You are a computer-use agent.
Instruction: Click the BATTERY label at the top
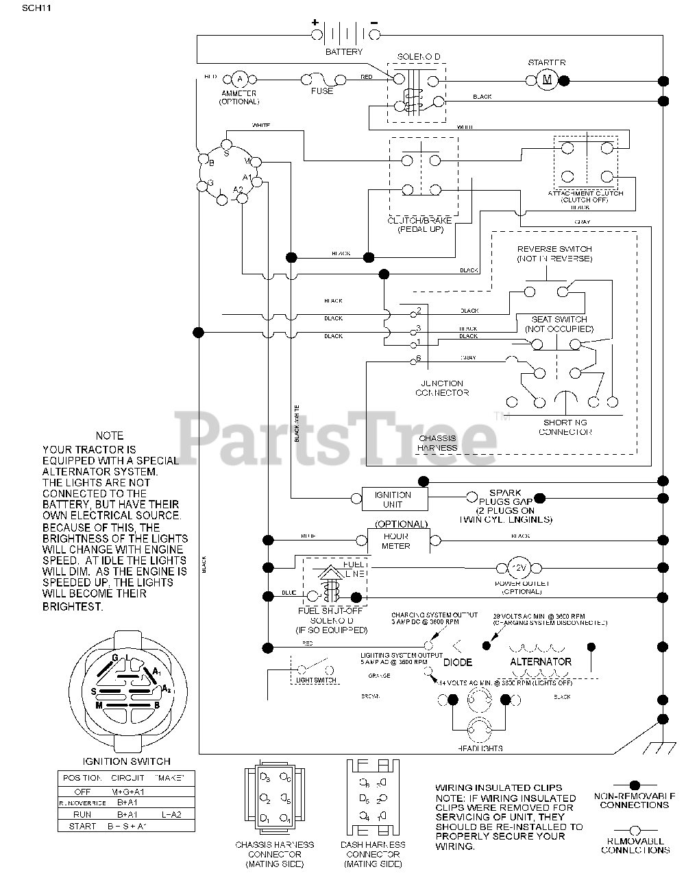344,52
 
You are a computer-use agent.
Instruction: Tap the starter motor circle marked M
546,80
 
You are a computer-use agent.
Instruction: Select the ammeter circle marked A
239,79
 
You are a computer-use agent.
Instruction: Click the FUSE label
322,91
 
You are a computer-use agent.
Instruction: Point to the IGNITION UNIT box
393,499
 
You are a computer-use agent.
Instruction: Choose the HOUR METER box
396,541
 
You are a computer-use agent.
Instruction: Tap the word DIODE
457,663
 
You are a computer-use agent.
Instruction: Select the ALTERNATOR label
541,662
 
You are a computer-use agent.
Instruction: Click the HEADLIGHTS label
482,748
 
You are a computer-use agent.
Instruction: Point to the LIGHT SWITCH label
316,680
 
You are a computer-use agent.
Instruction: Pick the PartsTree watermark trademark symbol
498,416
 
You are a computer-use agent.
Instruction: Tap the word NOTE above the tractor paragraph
110,436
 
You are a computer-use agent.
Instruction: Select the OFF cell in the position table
82,792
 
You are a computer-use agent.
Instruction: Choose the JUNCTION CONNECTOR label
442,388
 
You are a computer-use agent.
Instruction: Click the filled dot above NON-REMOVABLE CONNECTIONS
634,784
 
